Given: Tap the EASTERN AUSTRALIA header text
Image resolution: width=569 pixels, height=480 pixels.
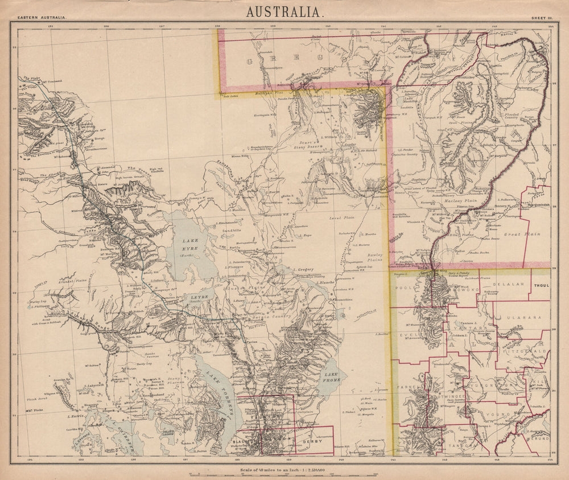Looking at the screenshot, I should click(x=43, y=18).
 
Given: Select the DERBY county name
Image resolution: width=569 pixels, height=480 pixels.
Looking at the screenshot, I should click(x=318, y=441).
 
